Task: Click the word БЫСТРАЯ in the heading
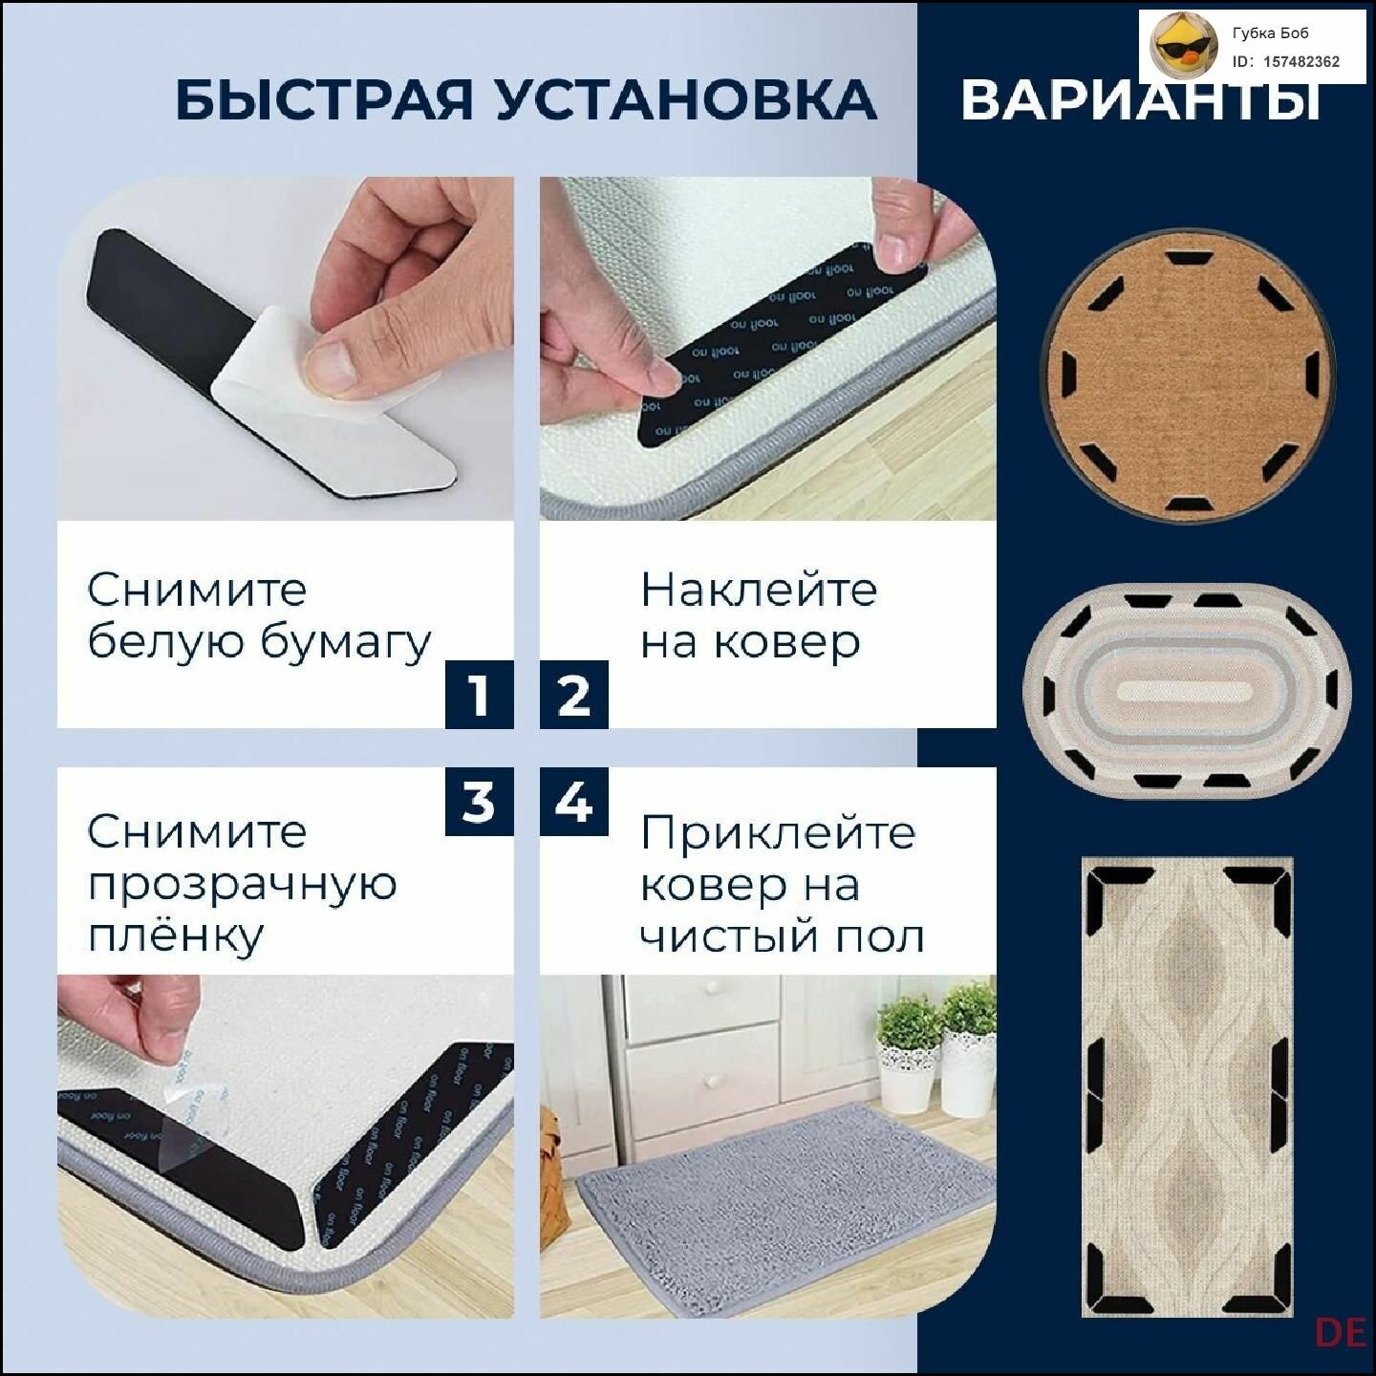point(325,99)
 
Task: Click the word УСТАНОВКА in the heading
point(685,99)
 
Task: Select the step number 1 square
point(479,695)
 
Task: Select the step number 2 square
point(573,695)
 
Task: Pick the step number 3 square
point(479,802)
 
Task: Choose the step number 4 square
point(573,802)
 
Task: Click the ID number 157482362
point(1301,62)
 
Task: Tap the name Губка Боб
point(1270,33)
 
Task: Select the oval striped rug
point(1186,690)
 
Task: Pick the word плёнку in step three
point(175,935)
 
